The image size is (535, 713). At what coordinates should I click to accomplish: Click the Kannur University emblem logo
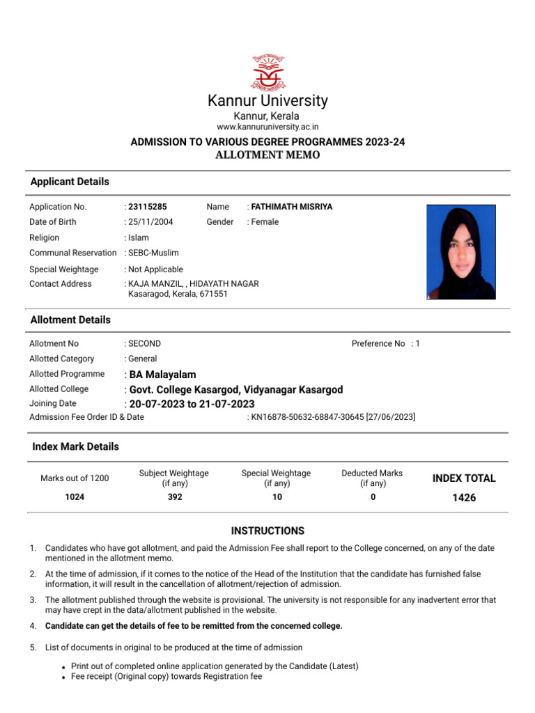267,71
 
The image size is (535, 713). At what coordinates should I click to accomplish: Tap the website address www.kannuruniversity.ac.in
267,127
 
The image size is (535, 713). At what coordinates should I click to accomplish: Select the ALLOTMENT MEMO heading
267,155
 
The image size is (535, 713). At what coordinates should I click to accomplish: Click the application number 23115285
148,207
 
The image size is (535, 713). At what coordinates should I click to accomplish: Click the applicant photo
460,251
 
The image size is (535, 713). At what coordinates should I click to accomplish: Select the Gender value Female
265,222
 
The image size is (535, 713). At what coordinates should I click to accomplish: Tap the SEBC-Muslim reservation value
154,253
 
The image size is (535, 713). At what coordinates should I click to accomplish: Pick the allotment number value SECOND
145,343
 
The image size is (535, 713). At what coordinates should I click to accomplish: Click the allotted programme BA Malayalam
163,375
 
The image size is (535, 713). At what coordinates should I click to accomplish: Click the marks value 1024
75,497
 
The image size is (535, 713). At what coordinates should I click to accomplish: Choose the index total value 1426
463,498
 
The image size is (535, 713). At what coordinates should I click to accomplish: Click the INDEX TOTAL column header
464,478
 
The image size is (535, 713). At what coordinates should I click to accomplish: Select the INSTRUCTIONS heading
267,531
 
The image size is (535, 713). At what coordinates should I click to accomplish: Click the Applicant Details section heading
70,182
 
